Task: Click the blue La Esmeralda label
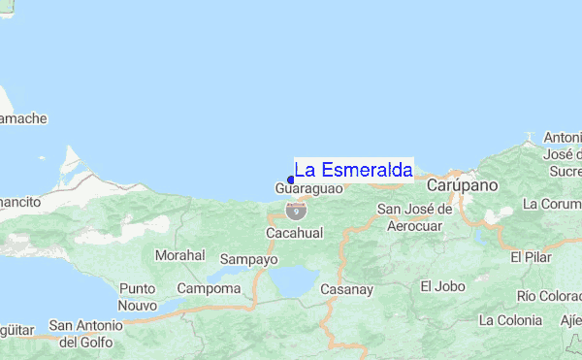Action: pyautogui.click(x=353, y=170)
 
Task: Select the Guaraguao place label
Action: pyautogui.click(x=308, y=188)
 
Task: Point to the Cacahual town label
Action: pyautogui.click(x=293, y=234)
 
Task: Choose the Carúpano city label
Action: pyautogui.click(x=462, y=184)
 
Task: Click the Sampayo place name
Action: pyautogui.click(x=249, y=259)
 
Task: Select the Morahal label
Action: pyautogui.click(x=179, y=255)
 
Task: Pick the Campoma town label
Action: pyautogui.click(x=209, y=288)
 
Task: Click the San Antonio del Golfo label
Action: pyautogui.click(x=86, y=333)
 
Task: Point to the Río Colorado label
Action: pyautogui.click(x=549, y=295)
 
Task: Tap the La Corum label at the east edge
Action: pyautogui.click(x=552, y=204)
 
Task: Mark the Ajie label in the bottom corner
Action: pyautogui.click(x=566, y=319)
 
